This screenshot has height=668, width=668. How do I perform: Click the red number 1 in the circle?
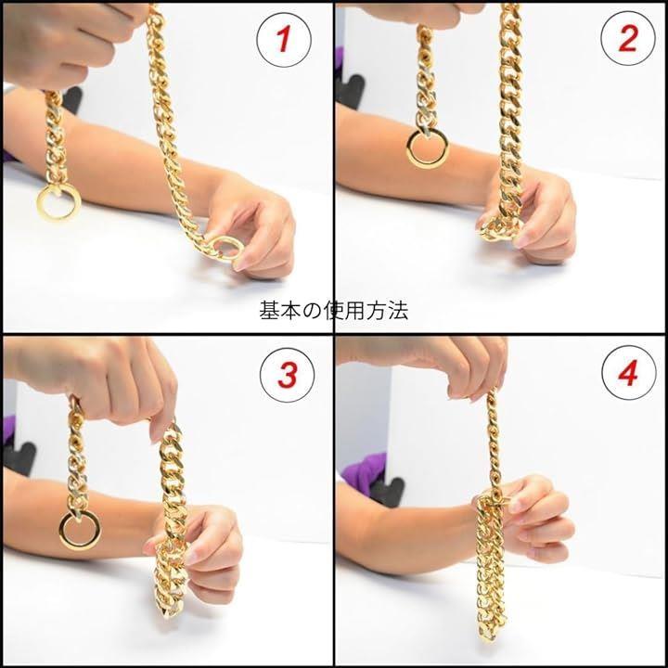point(283,39)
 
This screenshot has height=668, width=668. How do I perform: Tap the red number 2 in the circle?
point(628,38)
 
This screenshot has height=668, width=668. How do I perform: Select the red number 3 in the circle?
point(287,375)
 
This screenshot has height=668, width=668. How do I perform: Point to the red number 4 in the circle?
point(628,373)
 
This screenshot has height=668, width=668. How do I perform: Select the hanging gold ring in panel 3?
point(60,531)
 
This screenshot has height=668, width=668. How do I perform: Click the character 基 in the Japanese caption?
point(269,311)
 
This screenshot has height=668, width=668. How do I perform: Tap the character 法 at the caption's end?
point(398,311)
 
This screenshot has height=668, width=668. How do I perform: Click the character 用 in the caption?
point(354,311)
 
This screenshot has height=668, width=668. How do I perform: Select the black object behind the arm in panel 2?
point(350,92)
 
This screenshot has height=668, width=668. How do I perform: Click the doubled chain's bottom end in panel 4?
point(490,635)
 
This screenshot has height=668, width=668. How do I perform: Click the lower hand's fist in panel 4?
point(537,520)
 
